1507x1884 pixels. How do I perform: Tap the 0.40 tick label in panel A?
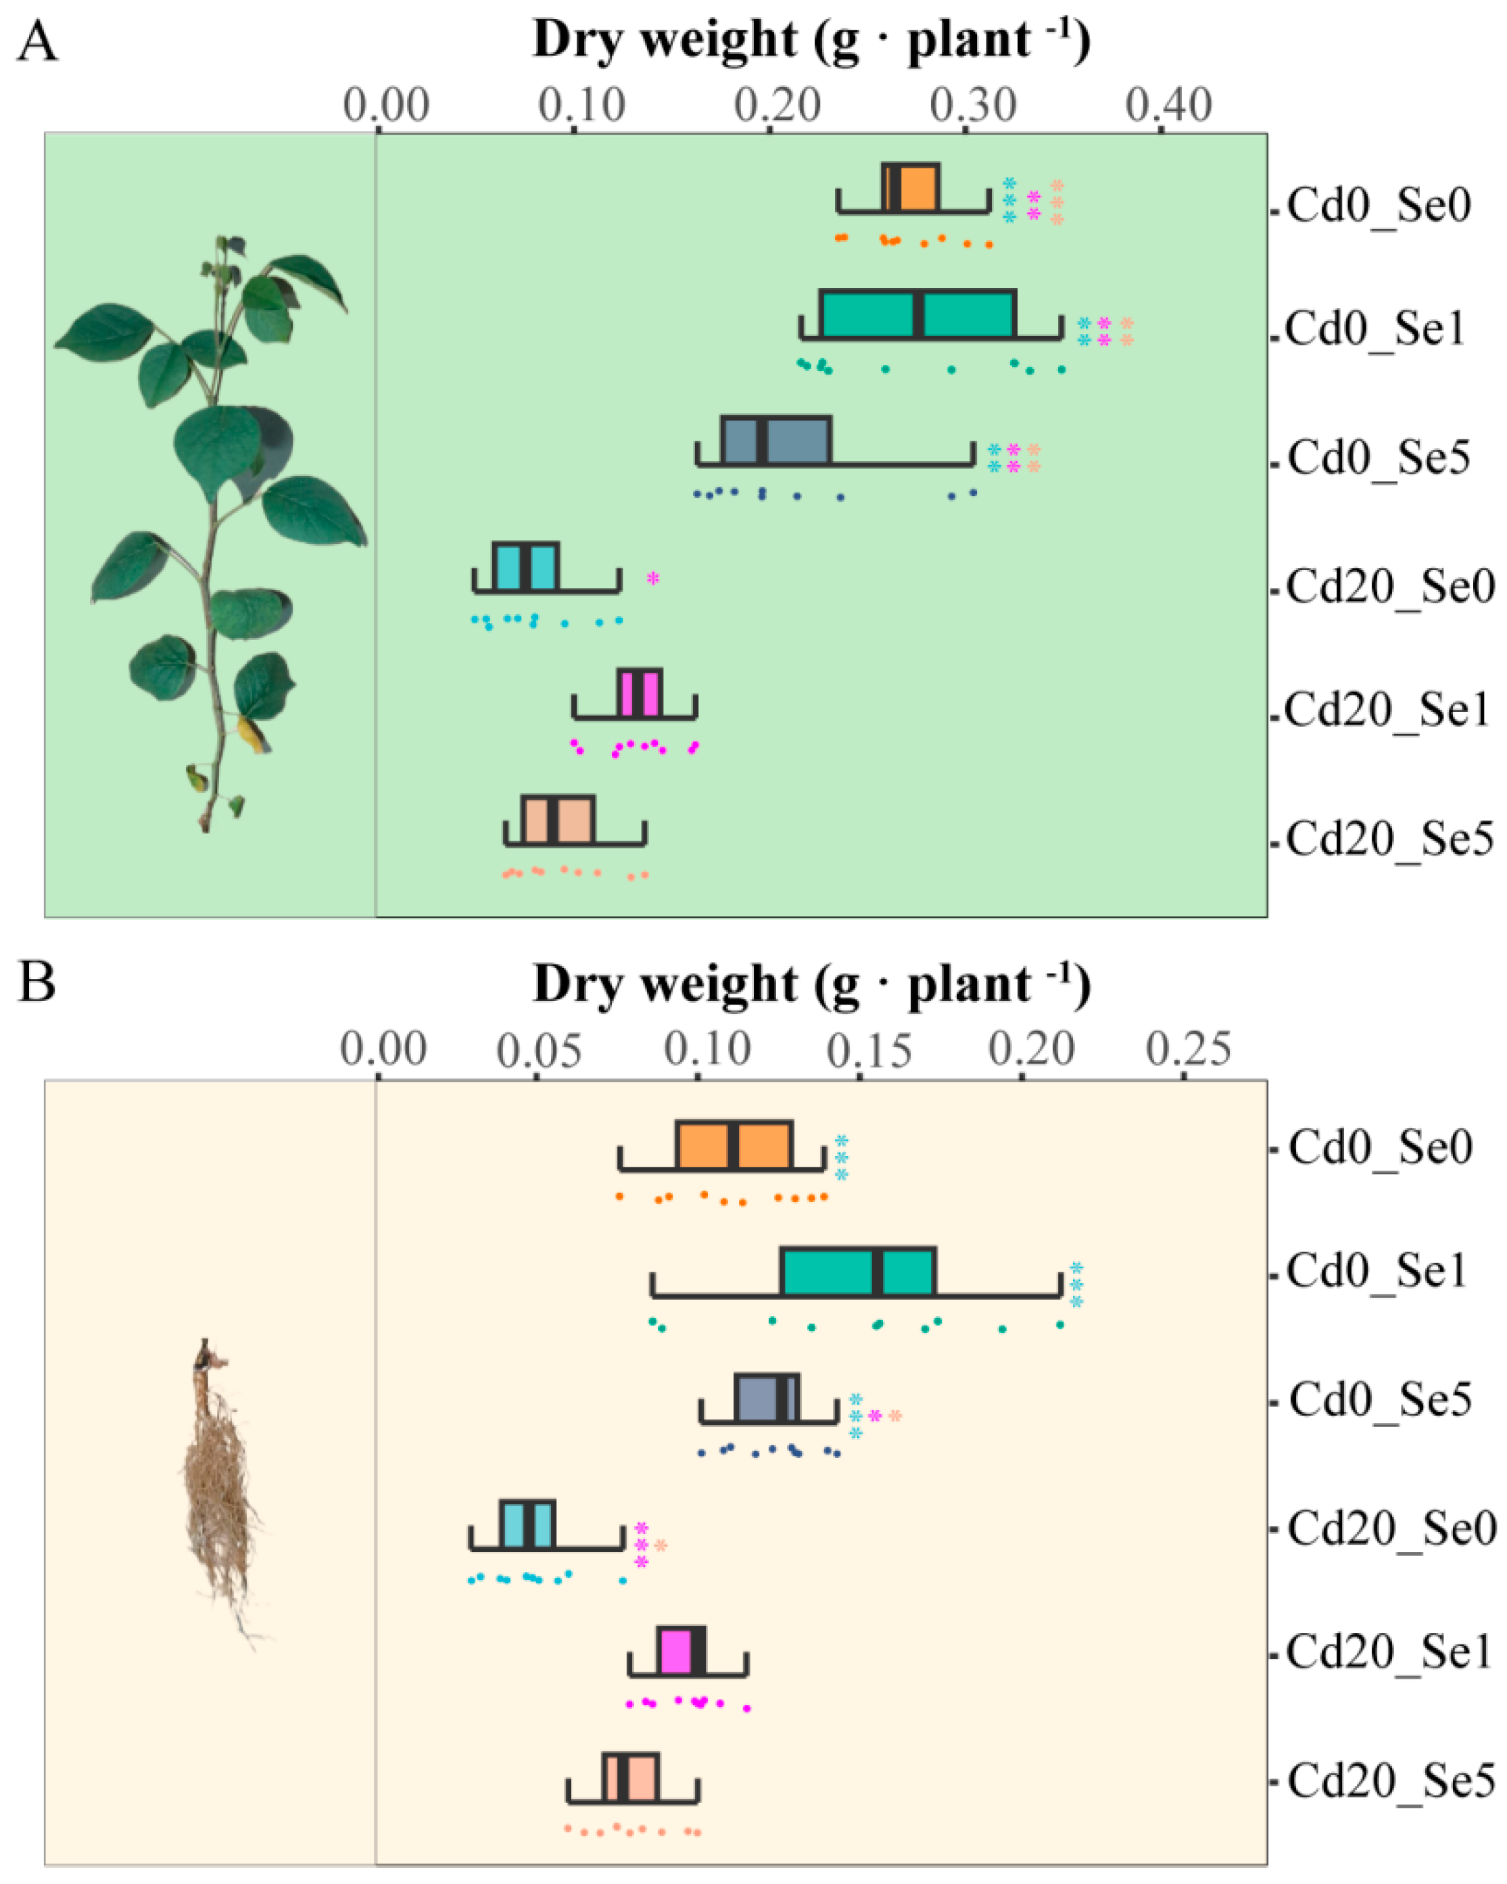(1168, 105)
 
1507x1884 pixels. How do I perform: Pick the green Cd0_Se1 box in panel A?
(917, 314)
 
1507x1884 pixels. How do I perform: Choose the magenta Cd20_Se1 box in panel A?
(639, 693)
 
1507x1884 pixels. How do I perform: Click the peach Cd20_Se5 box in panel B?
(629, 1777)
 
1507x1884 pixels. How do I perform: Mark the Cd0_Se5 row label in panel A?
(1379, 458)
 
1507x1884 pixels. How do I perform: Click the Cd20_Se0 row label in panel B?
(1391, 1528)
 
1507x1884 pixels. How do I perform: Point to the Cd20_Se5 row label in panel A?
(1389, 839)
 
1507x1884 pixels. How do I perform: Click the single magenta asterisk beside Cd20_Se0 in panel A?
(652, 577)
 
